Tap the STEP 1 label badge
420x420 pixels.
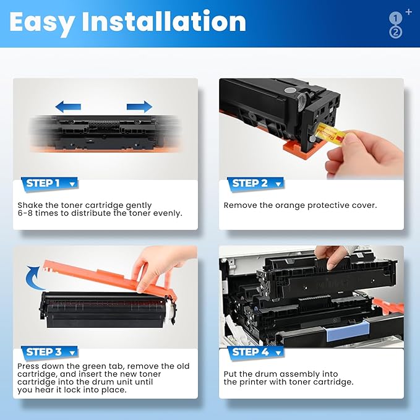coord(49,183)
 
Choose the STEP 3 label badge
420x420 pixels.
coord(49,352)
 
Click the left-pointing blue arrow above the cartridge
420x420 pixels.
coord(67,106)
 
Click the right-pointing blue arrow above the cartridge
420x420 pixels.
coord(140,106)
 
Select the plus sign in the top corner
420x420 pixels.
coord(408,12)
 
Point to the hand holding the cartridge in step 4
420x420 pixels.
coord(331,253)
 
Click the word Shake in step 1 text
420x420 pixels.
coord(30,205)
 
